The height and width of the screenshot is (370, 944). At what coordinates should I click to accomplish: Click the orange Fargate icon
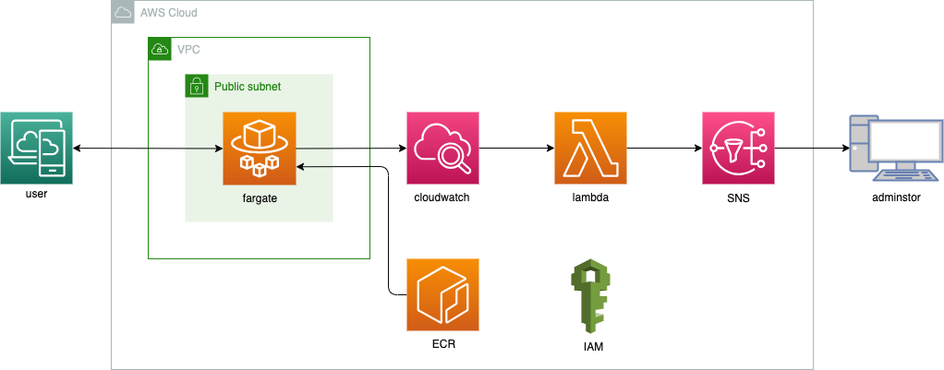point(259,148)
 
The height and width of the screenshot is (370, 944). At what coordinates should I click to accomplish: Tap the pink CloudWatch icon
point(443,148)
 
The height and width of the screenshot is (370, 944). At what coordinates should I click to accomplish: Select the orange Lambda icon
point(591,148)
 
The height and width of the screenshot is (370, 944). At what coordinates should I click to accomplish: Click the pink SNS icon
point(738,148)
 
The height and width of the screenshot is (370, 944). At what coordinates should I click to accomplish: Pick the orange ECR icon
point(443,294)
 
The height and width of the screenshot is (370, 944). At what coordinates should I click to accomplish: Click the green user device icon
point(37,148)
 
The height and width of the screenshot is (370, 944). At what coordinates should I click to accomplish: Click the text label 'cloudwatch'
point(443,197)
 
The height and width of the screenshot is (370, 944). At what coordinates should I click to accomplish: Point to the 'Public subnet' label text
point(248,86)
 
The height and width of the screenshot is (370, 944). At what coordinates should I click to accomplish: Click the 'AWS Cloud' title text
point(167,13)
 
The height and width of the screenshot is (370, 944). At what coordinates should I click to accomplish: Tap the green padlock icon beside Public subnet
point(196,86)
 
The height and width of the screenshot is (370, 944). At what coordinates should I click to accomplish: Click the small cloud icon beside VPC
point(159,49)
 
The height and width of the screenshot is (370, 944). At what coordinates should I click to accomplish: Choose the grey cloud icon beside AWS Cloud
point(122,13)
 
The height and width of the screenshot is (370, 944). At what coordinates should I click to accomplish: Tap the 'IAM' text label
point(591,347)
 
